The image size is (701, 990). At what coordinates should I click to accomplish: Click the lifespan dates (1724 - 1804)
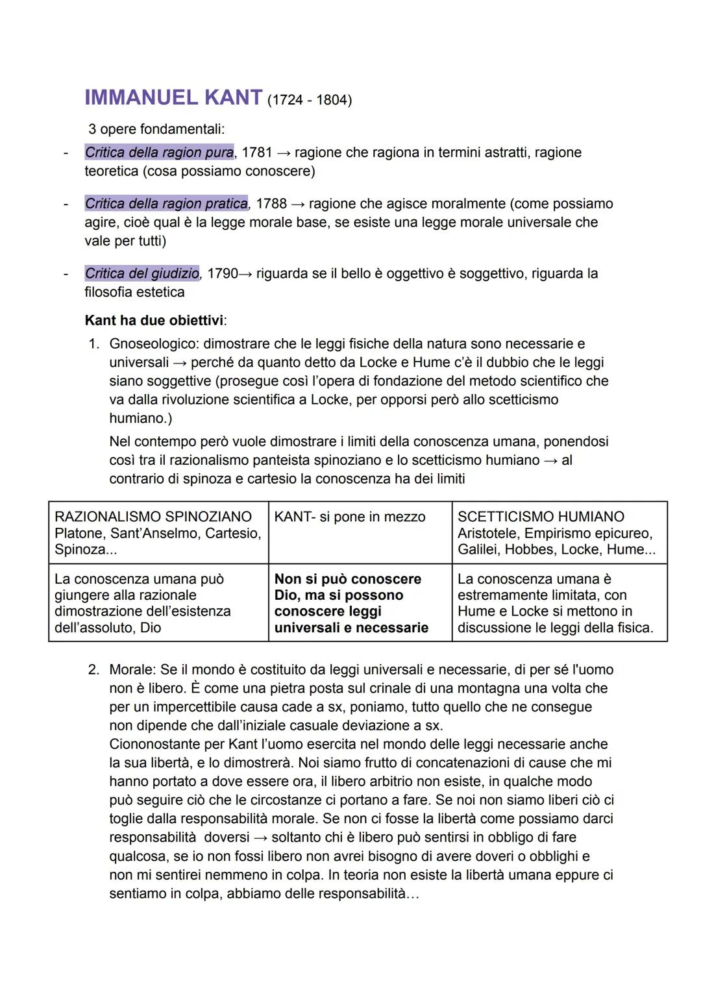coord(309,100)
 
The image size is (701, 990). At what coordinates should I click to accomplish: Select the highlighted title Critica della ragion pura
coord(159,153)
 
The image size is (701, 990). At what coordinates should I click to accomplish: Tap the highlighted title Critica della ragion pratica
coord(166,204)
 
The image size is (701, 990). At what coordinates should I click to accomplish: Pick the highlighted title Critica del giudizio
coord(142,273)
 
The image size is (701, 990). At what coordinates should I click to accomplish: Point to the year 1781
coord(256,153)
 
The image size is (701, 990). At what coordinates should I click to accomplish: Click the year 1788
coord(271,204)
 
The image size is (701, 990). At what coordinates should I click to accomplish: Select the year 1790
coord(223,273)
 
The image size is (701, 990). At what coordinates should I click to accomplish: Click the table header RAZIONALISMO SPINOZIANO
coord(153,517)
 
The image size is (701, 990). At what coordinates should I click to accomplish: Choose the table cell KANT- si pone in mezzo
coord(350,517)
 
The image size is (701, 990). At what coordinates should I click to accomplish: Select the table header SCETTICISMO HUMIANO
coord(541,517)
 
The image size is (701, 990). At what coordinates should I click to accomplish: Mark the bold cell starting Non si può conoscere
coord(351,603)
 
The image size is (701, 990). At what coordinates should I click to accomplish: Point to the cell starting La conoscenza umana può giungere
coord(143,603)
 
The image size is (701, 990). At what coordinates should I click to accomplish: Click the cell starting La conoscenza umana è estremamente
coord(555,603)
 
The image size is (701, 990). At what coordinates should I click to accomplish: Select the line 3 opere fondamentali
coord(156,129)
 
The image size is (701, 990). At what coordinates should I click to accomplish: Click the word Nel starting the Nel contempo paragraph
coord(119,442)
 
